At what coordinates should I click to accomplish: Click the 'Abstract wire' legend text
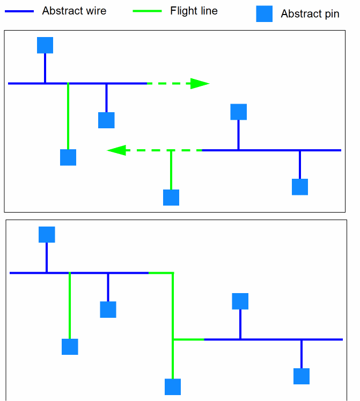tap(74, 11)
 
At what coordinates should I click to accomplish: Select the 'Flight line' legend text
tap(194, 11)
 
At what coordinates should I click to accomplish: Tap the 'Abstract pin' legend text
tap(310, 14)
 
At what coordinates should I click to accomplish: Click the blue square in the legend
tap(264, 14)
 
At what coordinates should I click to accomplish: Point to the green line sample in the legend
tap(142, 11)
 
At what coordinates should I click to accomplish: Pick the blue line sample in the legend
tap(19, 11)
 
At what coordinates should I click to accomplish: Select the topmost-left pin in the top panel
tap(45, 45)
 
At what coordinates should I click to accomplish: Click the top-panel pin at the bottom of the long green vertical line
tap(68, 157)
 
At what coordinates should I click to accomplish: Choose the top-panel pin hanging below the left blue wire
tap(106, 120)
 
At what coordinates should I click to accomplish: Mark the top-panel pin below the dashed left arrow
tap(171, 198)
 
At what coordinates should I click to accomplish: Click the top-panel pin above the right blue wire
tap(238, 112)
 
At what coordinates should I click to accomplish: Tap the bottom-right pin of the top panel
tap(300, 187)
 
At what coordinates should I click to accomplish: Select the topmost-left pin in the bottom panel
tap(47, 235)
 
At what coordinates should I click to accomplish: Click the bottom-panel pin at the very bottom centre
tap(173, 387)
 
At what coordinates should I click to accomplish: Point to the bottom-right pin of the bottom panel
tap(302, 376)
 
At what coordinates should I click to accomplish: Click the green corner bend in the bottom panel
tap(173, 273)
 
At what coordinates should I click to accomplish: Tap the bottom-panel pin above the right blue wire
tap(240, 301)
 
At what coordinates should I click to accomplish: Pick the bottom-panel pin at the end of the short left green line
tap(70, 347)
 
